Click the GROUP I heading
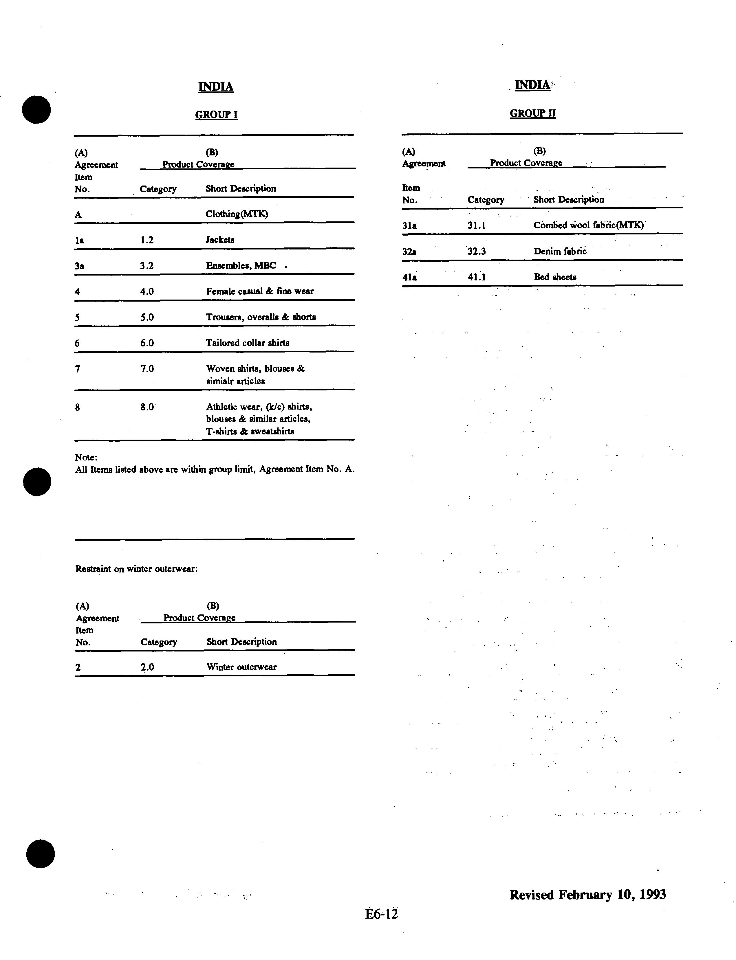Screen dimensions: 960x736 click(x=216, y=115)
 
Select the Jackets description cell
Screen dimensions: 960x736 click(x=220, y=240)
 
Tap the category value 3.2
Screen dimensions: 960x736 click(x=147, y=265)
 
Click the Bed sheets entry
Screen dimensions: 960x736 click(x=555, y=277)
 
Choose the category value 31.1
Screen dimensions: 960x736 click(x=476, y=225)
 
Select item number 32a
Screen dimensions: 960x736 click(x=409, y=252)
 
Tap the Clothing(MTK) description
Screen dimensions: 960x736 click(x=237, y=214)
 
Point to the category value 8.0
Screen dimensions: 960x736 click(x=147, y=407)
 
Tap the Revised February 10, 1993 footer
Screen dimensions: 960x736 click(x=587, y=894)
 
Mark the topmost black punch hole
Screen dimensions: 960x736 click(x=36, y=109)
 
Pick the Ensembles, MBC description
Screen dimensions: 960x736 click(x=241, y=265)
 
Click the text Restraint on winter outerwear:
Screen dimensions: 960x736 click(x=136, y=569)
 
